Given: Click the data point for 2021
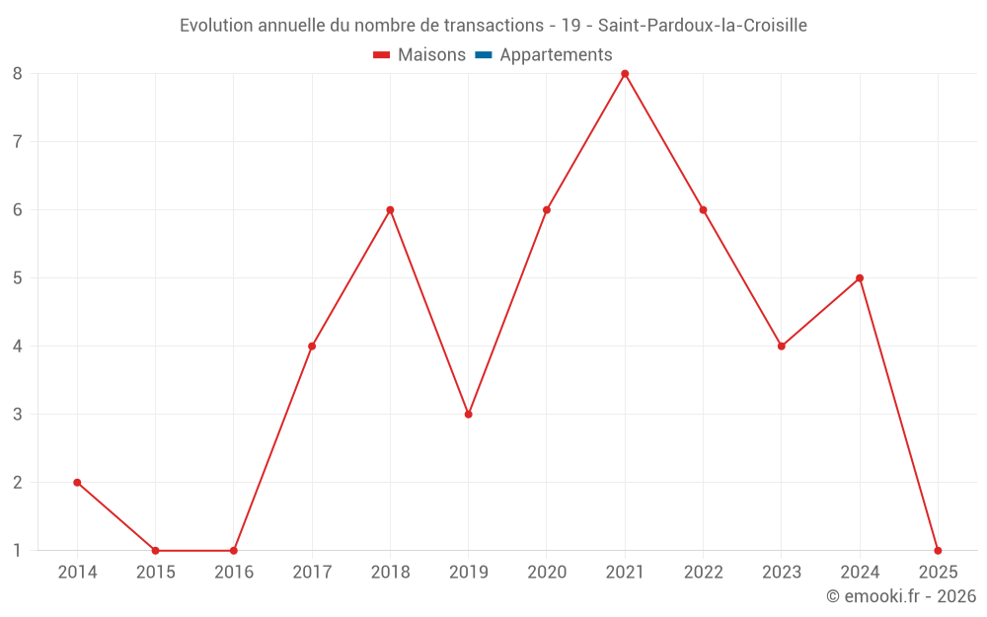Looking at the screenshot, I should click(625, 74).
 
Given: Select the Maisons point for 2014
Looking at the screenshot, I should click(77, 483).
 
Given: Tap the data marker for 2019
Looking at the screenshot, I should click(469, 415).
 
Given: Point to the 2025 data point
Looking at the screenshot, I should click(938, 551).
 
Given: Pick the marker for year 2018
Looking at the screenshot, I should click(390, 210).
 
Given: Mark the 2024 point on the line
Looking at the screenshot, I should click(860, 278).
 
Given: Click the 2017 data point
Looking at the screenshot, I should click(312, 347).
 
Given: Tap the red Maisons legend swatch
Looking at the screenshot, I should click(382, 55).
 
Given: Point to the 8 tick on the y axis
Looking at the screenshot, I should click(18, 74).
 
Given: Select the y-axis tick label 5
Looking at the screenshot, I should click(18, 278).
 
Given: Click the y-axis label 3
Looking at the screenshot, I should click(18, 415).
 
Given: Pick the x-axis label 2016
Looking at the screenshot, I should click(234, 573).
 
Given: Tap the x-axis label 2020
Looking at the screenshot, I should click(547, 573).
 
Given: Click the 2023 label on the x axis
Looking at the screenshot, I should click(782, 573).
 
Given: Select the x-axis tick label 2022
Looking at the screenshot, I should click(703, 573).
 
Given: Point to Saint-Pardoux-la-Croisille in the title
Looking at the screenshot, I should click(703, 26).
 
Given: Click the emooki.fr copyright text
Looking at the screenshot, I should click(901, 596).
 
